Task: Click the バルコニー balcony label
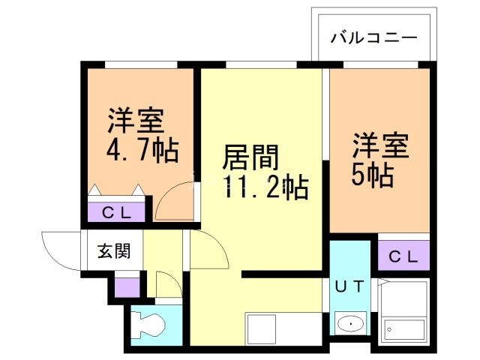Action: pyautogui.click(x=373, y=37)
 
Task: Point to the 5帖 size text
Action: pyautogui.click(x=372, y=175)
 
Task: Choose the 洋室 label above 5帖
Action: pyautogui.click(x=380, y=145)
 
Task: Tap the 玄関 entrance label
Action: pyautogui.click(x=113, y=250)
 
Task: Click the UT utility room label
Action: pyautogui.click(x=349, y=285)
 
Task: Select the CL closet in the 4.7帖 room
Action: pyautogui.click(x=118, y=212)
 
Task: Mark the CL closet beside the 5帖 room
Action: pyautogui.click(x=403, y=256)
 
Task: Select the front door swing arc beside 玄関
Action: pyautogui.click(x=61, y=251)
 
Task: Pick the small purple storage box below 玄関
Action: pyautogui.click(x=127, y=286)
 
